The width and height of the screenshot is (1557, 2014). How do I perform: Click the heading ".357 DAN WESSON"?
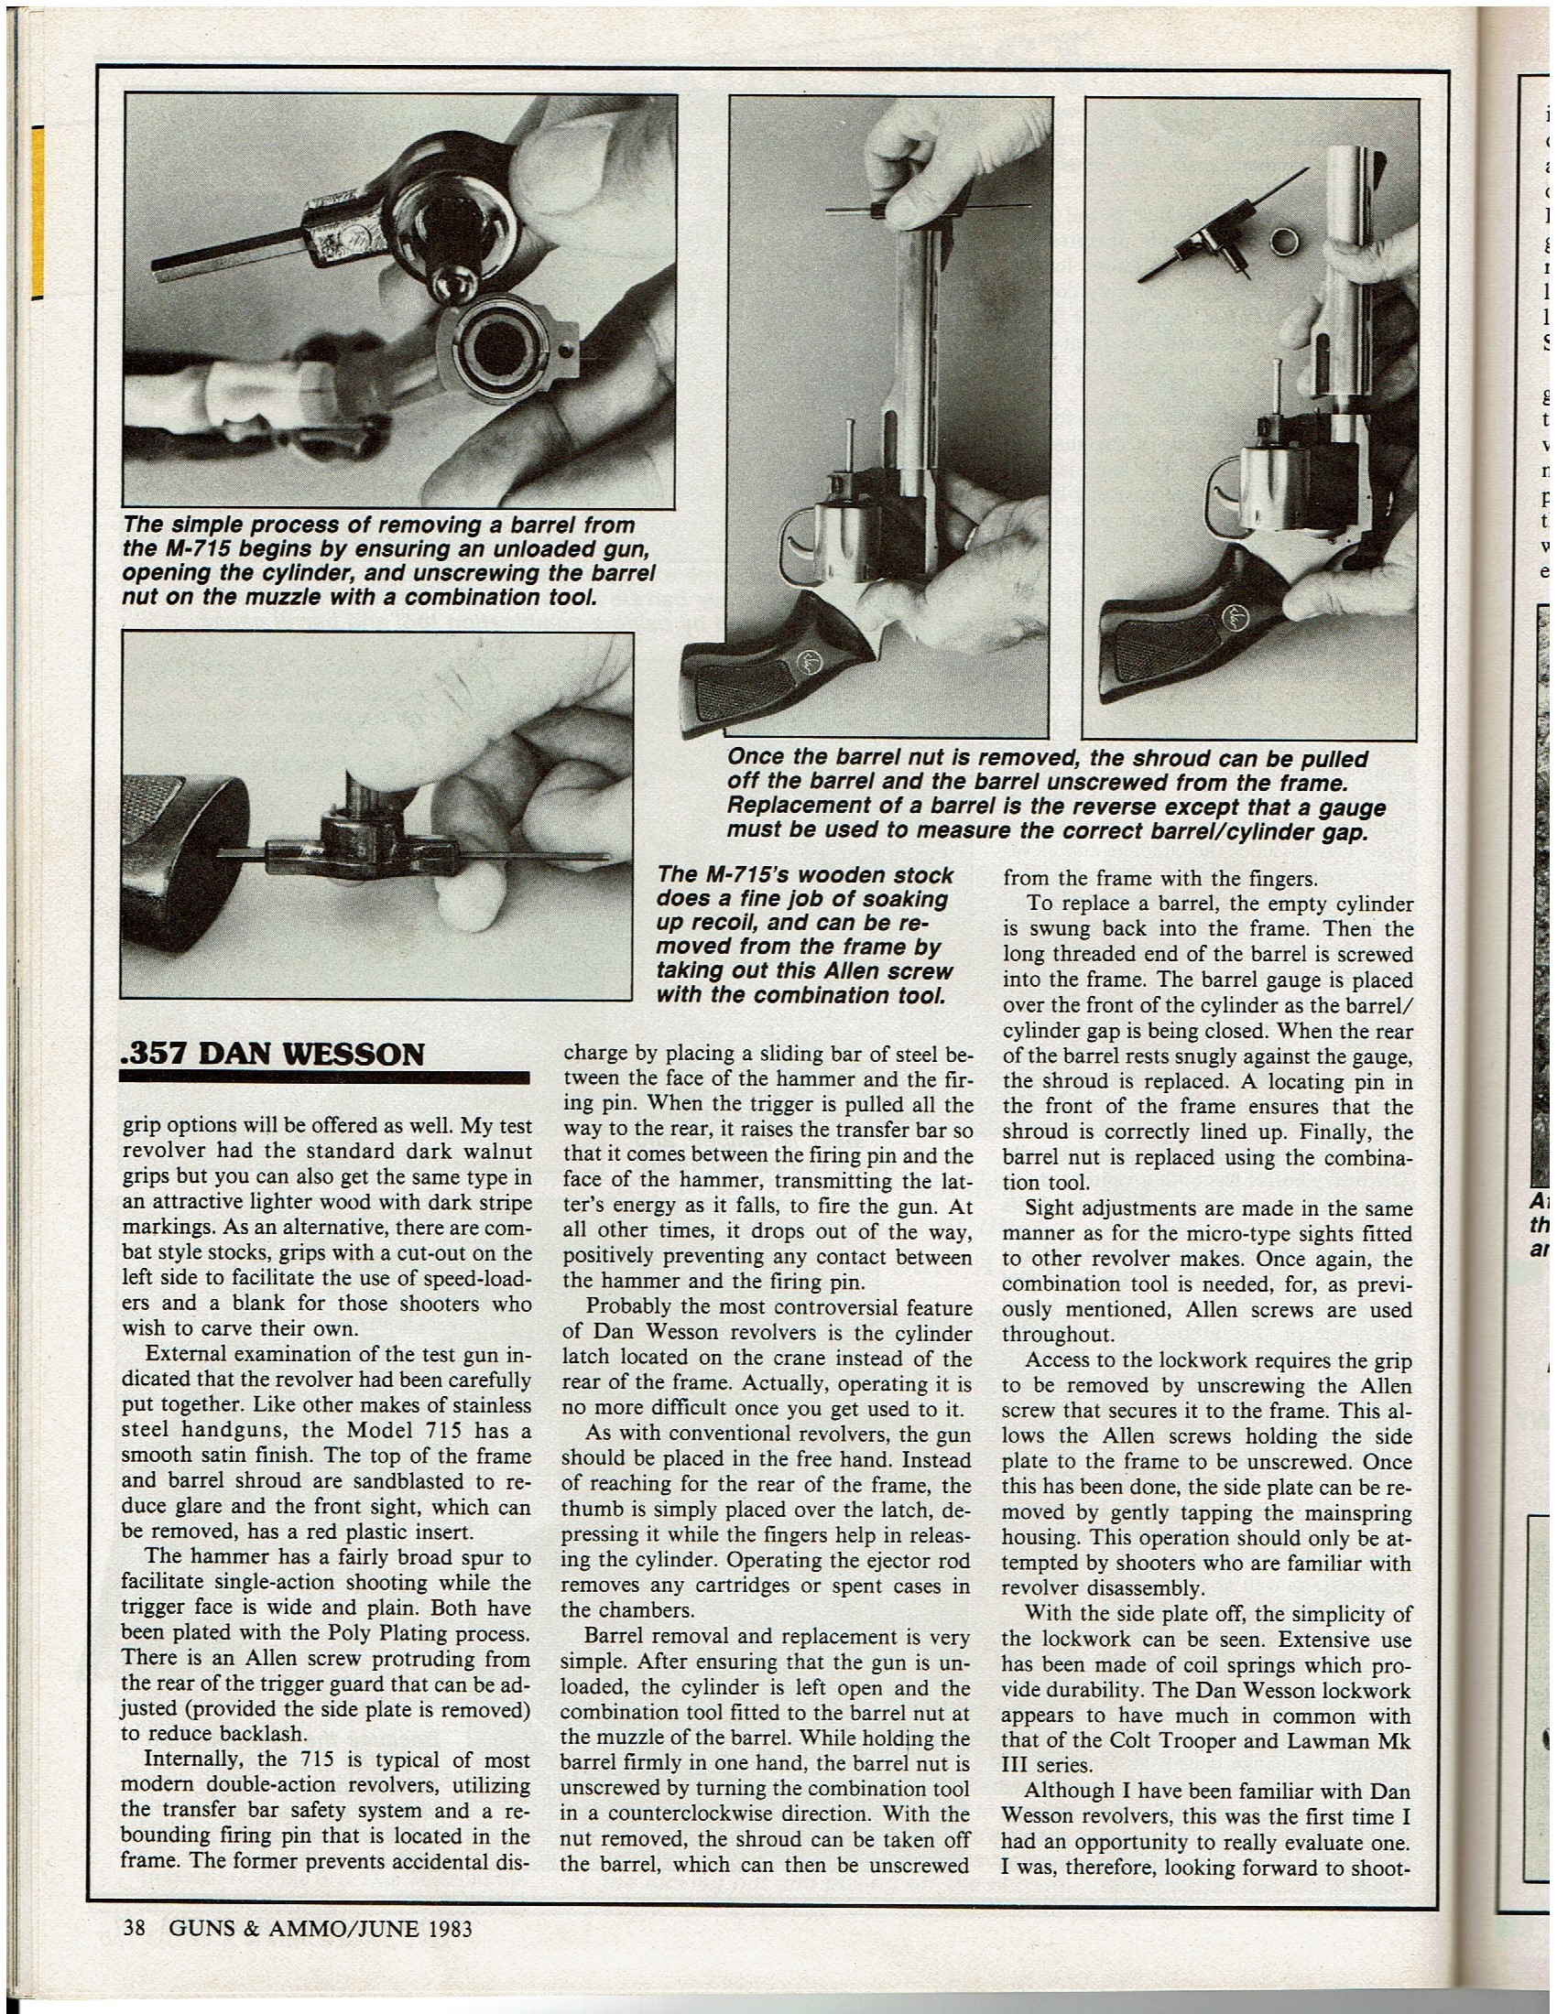pyautogui.click(x=273, y=1054)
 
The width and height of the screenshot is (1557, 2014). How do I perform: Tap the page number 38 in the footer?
pyautogui.click(x=136, y=1927)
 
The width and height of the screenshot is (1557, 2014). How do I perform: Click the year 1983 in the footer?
pyautogui.click(x=450, y=1927)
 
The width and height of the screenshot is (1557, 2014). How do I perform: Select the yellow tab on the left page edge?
pyautogui.click(x=38, y=212)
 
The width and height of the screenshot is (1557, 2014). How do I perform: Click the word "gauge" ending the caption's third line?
pyautogui.click(x=1352, y=808)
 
